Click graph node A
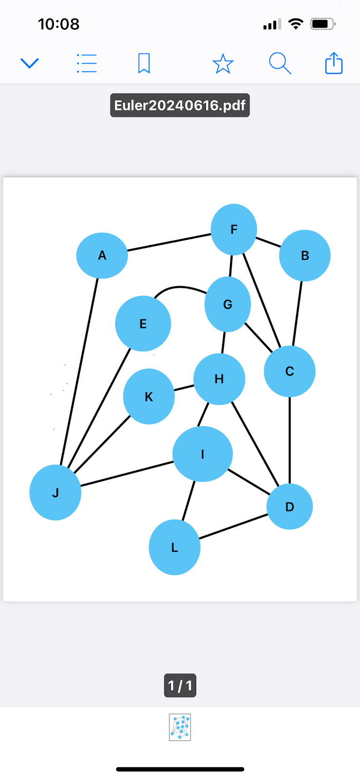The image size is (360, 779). coord(102,255)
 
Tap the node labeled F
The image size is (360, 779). coord(234,229)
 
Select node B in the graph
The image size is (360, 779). coord(304,255)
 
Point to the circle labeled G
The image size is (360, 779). coord(227,304)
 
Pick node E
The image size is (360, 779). coord(143,324)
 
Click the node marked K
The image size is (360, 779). coord(149,396)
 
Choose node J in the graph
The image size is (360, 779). coord(55,493)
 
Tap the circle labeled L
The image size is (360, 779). coord(174,547)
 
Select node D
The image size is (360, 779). coord(289,507)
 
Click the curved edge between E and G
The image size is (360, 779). coord(179,287)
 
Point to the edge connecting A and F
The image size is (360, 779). coord(169,242)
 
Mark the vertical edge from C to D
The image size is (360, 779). coord(290,441)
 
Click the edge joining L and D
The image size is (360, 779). coord(234,526)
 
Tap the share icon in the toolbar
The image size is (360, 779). coord(334,63)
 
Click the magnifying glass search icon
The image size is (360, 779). coord(280,63)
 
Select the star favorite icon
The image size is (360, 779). coord(223,64)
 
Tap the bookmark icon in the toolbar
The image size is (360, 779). coord(144,63)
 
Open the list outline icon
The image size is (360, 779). coord(87,63)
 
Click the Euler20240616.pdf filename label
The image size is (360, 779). coord(180,105)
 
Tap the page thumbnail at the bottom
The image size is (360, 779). coord(180,727)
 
